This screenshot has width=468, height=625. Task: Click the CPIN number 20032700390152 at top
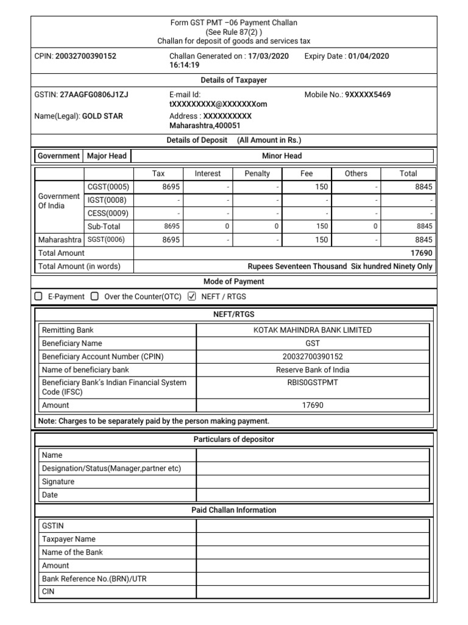(85, 56)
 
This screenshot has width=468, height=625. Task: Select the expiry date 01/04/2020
(368, 56)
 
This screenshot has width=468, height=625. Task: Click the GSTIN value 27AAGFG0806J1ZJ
(94, 95)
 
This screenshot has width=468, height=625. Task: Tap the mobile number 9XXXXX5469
(368, 95)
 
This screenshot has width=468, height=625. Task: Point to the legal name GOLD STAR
(102, 116)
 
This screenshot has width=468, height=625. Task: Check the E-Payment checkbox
(38, 297)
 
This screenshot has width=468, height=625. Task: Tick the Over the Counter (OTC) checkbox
(94, 297)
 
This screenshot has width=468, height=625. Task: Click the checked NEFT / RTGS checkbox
(192, 297)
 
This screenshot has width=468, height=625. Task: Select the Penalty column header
(257, 173)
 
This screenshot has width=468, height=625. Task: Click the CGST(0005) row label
(108, 187)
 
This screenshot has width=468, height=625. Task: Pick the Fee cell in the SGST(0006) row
(307, 240)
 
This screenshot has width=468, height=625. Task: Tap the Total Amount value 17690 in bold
(421, 253)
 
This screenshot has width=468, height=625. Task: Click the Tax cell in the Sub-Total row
(158, 226)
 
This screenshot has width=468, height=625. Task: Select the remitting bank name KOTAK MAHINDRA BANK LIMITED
(312, 330)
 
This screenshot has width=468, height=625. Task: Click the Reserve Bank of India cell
(312, 370)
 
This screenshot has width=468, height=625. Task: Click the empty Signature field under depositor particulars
(312, 482)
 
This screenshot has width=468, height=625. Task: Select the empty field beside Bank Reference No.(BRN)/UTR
(312, 579)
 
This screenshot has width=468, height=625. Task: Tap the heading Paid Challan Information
(234, 510)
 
